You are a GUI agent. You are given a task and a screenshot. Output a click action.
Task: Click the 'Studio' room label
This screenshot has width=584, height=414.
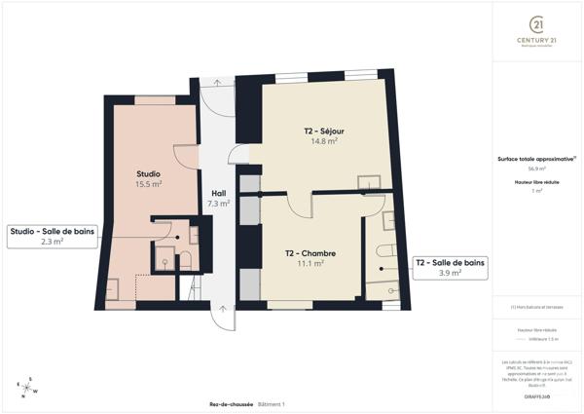pyautogui.click(x=148, y=173)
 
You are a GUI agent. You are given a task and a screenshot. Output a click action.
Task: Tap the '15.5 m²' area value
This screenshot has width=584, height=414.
pyautogui.click(x=148, y=184)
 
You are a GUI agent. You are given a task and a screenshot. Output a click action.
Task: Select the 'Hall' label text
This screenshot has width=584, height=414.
pyautogui.click(x=218, y=193)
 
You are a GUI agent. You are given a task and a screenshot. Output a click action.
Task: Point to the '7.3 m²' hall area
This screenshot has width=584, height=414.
pyautogui.click(x=218, y=204)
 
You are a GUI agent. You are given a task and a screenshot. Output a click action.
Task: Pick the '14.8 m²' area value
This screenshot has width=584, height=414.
pyautogui.click(x=324, y=141)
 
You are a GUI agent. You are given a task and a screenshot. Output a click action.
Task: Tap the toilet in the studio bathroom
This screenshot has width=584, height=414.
pyautogui.click(x=164, y=258)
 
